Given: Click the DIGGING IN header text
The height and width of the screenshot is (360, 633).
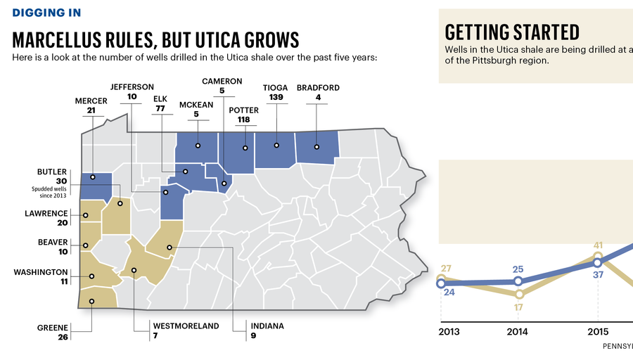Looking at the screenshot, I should tap(46, 13).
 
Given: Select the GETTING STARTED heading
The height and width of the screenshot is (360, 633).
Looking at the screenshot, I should tap(512, 32).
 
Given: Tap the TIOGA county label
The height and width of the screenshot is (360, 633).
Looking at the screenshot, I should tap(275, 88).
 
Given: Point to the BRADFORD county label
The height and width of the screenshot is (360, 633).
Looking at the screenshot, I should tap(318, 88).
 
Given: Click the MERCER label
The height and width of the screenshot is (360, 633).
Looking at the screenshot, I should tap(91, 101).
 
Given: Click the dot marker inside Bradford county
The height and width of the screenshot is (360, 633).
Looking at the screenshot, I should tap(317, 147).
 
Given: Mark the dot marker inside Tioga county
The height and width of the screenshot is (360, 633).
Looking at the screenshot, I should tap(276, 146).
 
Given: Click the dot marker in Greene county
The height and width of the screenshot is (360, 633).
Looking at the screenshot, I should tap(91, 301).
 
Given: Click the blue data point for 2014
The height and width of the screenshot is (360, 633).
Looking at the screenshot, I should tap(518, 281).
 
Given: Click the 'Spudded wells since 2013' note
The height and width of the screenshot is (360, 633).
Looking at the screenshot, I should tap(49, 192).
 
